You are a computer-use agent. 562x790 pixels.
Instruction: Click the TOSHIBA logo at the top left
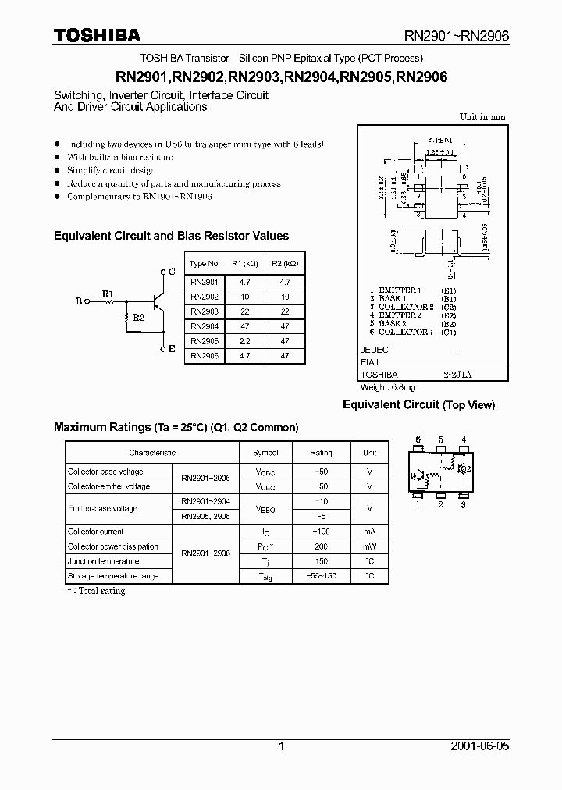97,35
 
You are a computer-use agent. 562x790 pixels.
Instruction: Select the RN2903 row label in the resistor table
205,311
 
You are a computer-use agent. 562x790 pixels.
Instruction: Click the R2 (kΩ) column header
284,264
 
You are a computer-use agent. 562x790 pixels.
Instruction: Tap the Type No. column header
205,264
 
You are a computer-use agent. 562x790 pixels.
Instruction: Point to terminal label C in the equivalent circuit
172,272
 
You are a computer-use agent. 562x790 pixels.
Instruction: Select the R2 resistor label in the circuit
138,318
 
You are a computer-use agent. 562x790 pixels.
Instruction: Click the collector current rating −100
321,532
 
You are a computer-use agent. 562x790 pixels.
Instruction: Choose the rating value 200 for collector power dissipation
321,546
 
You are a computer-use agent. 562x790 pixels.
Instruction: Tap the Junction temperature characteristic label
103,561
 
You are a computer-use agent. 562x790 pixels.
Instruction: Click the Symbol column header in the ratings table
265,453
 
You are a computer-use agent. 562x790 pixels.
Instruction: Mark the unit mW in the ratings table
370,546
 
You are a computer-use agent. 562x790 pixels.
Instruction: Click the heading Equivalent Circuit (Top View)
419,405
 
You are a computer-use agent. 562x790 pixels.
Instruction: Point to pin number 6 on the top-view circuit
418,439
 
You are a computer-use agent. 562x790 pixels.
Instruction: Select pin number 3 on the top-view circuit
464,505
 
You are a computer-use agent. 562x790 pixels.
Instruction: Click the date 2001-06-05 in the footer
480,746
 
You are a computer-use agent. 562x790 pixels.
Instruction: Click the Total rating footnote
97,591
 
